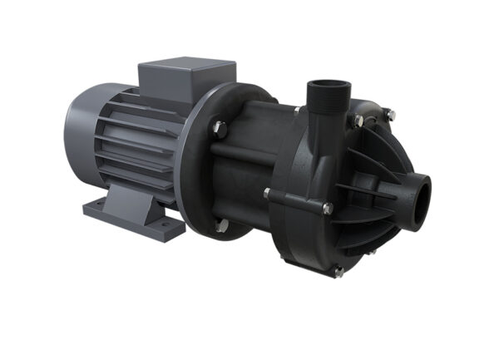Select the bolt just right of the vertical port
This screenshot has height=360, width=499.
pyautogui.click(x=358, y=121)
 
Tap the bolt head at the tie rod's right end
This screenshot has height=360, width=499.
pyautogui.click(x=327, y=208)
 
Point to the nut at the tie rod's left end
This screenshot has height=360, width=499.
pyautogui.click(x=268, y=194)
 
